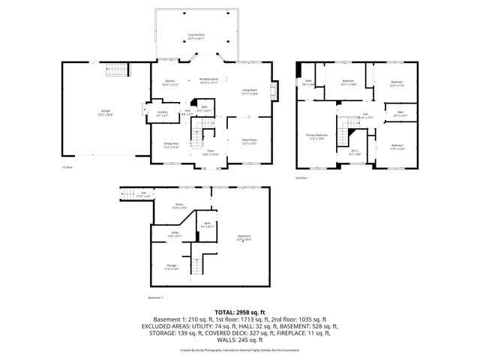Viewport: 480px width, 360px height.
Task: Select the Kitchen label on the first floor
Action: point(169,82)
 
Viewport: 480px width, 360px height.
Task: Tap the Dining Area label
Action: point(172,144)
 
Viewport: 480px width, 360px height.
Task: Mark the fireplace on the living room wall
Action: point(274,91)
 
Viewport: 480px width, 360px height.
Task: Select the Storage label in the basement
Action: point(172,266)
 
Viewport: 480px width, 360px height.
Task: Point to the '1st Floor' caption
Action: point(67,166)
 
